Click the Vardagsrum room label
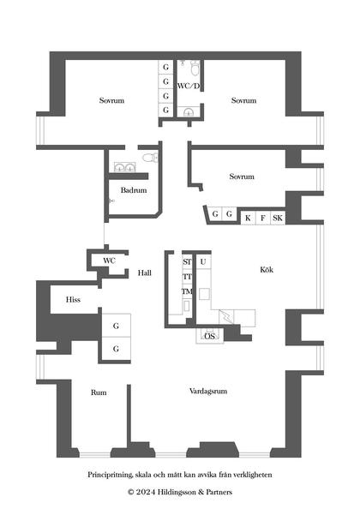click(x=208, y=391)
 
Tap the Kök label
click(x=267, y=269)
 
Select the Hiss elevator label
click(x=73, y=299)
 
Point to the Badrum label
click(x=134, y=190)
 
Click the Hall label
click(x=145, y=272)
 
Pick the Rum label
click(x=99, y=392)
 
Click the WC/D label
click(x=189, y=86)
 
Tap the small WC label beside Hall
click(x=109, y=260)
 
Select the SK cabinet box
click(x=278, y=218)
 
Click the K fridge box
click(x=248, y=218)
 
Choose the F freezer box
click(x=263, y=218)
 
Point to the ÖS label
click(x=210, y=336)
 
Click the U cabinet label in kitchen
click(x=203, y=261)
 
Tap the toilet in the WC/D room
click(x=195, y=69)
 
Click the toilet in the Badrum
click(x=150, y=158)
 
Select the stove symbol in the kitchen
click(x=226, y=317)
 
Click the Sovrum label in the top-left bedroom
click(x=111, y=100)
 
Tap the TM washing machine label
click(x=188, y=291)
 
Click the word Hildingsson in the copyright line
click(x=177, y=492)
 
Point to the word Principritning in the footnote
click(x=110, y=475)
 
